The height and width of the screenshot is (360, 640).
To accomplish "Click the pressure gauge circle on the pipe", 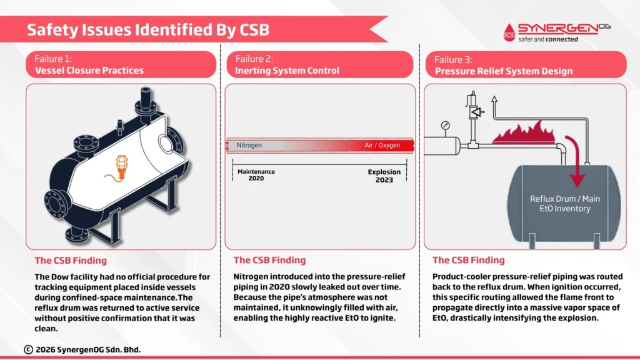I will [445, 125].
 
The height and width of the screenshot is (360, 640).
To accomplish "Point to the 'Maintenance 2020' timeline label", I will [256, 175].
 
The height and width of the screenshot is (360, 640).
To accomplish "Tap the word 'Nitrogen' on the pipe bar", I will [249, 145].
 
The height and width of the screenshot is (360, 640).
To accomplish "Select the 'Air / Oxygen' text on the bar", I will [381, 145].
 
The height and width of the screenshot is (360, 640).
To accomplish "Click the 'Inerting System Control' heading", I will [287, 71].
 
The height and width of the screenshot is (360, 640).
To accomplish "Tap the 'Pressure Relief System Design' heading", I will [503, 71].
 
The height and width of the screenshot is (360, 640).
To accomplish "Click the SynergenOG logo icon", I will [509, 33].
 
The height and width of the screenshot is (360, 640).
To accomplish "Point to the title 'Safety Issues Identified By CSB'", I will [147, 29].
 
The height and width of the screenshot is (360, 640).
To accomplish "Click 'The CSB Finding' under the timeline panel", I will [269, 260].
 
